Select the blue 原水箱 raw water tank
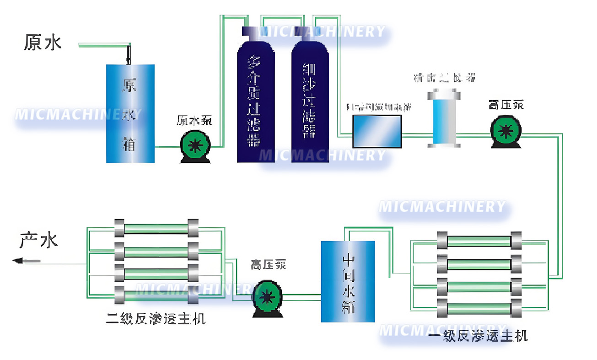(130, 113)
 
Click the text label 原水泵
(195, 121)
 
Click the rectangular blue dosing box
(377, 131)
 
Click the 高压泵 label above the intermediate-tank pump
(268, 265)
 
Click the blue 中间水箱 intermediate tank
(348, 281)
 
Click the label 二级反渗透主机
(156, 319)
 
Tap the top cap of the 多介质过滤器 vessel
(250, 31)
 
